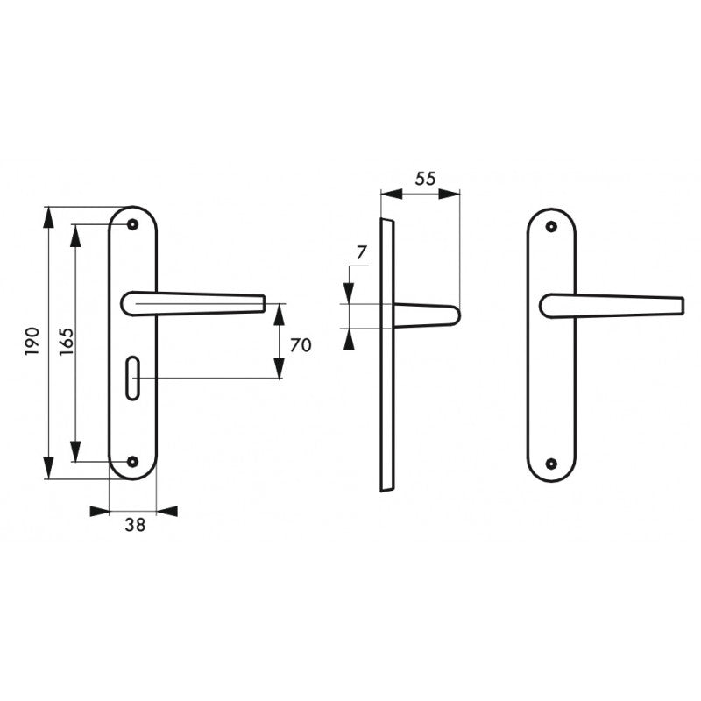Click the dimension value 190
pyautogui.click(x=32, y=342)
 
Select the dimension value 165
pyautogui.click(x=67, y=342)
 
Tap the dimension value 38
pyautogui.click(x=135, y=525)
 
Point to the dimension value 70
pyautogui.click(x=301, y=345)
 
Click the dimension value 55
pyautogui.click(x=425, y=179)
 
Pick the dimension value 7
pyautogui.click(x=362, y=252)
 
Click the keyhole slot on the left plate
pyautogui.click(x=133, y=378)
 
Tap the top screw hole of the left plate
pyautogui.click(x=132, y=224)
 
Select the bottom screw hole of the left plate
pyautogui.click(x=132, y=462)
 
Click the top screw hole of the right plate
pyautogui.click(x=552, y=226)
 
